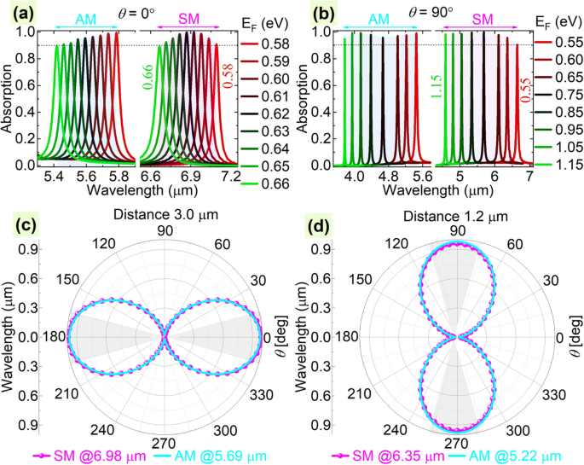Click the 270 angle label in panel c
[x=166, y=444]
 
